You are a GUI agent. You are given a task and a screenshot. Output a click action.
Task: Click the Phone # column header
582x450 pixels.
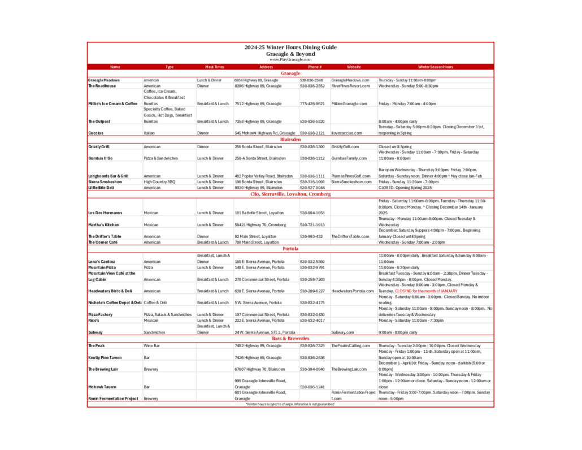tap(315, 67)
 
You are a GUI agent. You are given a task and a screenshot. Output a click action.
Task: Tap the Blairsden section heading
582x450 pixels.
tap(290, 140)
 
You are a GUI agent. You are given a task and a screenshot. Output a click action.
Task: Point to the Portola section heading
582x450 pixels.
tap(290, 249)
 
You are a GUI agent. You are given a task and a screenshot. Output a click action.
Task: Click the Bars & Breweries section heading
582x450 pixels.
tap(290, 339)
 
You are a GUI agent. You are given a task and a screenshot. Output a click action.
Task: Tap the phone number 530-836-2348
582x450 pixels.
tap(311, 80)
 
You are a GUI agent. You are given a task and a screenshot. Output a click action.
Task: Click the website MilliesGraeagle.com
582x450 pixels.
tap(349, 104)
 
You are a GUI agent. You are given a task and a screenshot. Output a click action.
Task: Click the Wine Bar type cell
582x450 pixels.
tap(153, 345)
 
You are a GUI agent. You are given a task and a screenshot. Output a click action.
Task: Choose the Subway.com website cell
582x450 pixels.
tap(342, 332)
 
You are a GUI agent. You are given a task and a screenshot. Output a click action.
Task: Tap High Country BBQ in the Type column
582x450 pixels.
tap(160, 182)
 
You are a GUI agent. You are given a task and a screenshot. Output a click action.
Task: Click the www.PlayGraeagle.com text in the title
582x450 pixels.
tap(290, 59)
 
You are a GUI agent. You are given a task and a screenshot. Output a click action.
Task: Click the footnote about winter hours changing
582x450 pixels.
tap(290, 404)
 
